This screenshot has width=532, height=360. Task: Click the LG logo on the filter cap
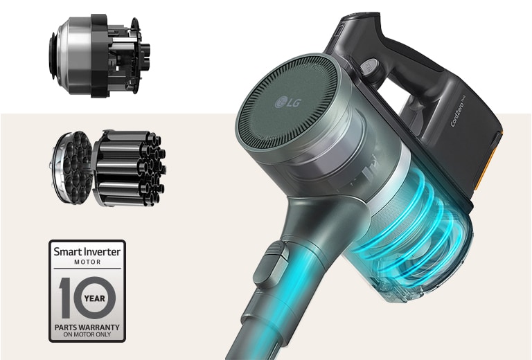pos(287,104)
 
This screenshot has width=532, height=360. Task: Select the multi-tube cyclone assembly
pos(128,167)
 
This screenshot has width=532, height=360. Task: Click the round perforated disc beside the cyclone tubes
pos(69,166)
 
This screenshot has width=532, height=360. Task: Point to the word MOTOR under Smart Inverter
pos(87,263)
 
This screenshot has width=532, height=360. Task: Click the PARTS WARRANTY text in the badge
pos(87,326)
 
